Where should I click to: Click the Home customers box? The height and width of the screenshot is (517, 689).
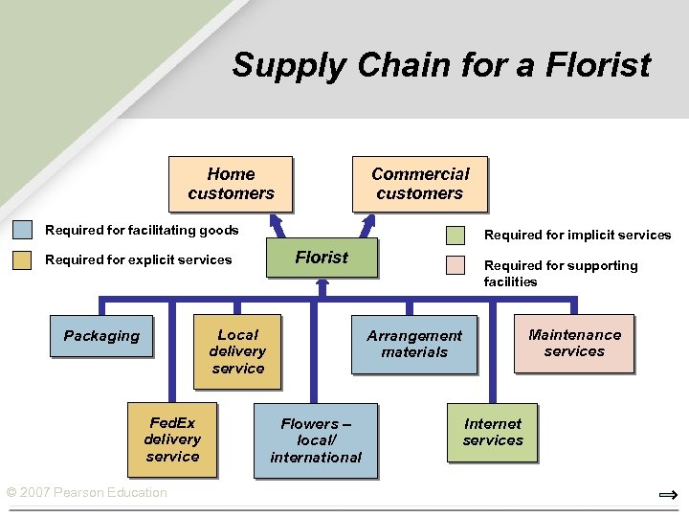click(231, 183)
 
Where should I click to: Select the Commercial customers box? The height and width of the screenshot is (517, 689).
click(420, 183)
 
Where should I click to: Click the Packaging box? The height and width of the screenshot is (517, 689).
click(101, 336)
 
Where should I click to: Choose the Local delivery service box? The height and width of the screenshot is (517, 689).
click(237, 351)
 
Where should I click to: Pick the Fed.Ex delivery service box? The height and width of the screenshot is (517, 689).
click(172, 439)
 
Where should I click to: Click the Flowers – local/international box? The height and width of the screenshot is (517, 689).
click(316, 440)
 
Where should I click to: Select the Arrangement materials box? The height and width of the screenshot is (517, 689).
click(414, 344)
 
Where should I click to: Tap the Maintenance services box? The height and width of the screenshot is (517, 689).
click(574, 343)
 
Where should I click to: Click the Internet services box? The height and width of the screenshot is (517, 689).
click(493, 432)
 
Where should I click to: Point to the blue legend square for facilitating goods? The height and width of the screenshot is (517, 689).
click(23, 230)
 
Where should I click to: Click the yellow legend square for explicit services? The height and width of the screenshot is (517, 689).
click(23, 259)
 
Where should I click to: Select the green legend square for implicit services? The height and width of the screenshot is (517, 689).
click(456, 236)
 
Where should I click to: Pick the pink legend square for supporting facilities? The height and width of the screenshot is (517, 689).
click(456, 265)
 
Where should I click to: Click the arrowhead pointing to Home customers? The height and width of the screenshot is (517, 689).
click(276, 219)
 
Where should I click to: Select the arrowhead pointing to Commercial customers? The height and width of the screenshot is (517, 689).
click(367, 219)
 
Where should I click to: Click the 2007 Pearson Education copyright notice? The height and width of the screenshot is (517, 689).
click(86, 493)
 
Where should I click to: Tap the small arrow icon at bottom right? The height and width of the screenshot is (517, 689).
click(668, 495)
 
